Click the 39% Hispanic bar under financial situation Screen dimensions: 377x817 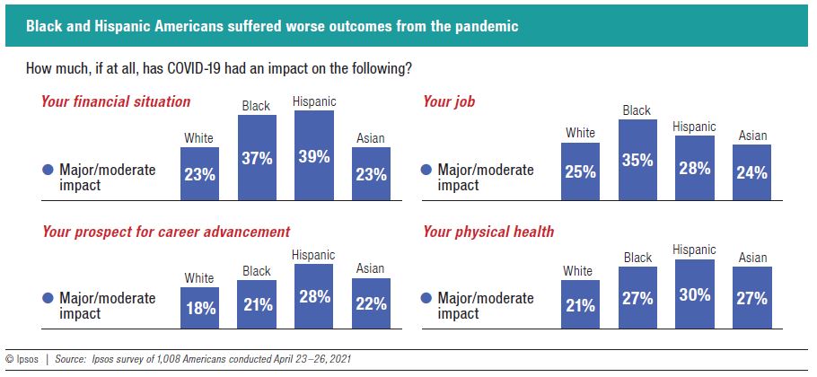point(314,154)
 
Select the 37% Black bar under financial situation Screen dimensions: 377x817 point(256,157)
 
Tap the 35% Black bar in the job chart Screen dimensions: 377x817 point(637,159)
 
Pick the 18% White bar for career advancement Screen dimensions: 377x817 point(199,308)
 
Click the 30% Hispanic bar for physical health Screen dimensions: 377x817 point(694,294)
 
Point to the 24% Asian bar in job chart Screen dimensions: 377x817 point(751,172)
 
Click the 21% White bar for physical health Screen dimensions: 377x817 point(580,304)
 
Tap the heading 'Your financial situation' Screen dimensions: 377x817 point(116,101)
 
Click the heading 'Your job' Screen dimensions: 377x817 point(449,101)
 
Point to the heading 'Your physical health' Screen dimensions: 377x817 point(488,232)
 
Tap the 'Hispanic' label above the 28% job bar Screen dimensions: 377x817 point(694,127)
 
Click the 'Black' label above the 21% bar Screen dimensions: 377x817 point(256,270)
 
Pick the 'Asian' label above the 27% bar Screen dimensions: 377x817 point(751,258)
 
